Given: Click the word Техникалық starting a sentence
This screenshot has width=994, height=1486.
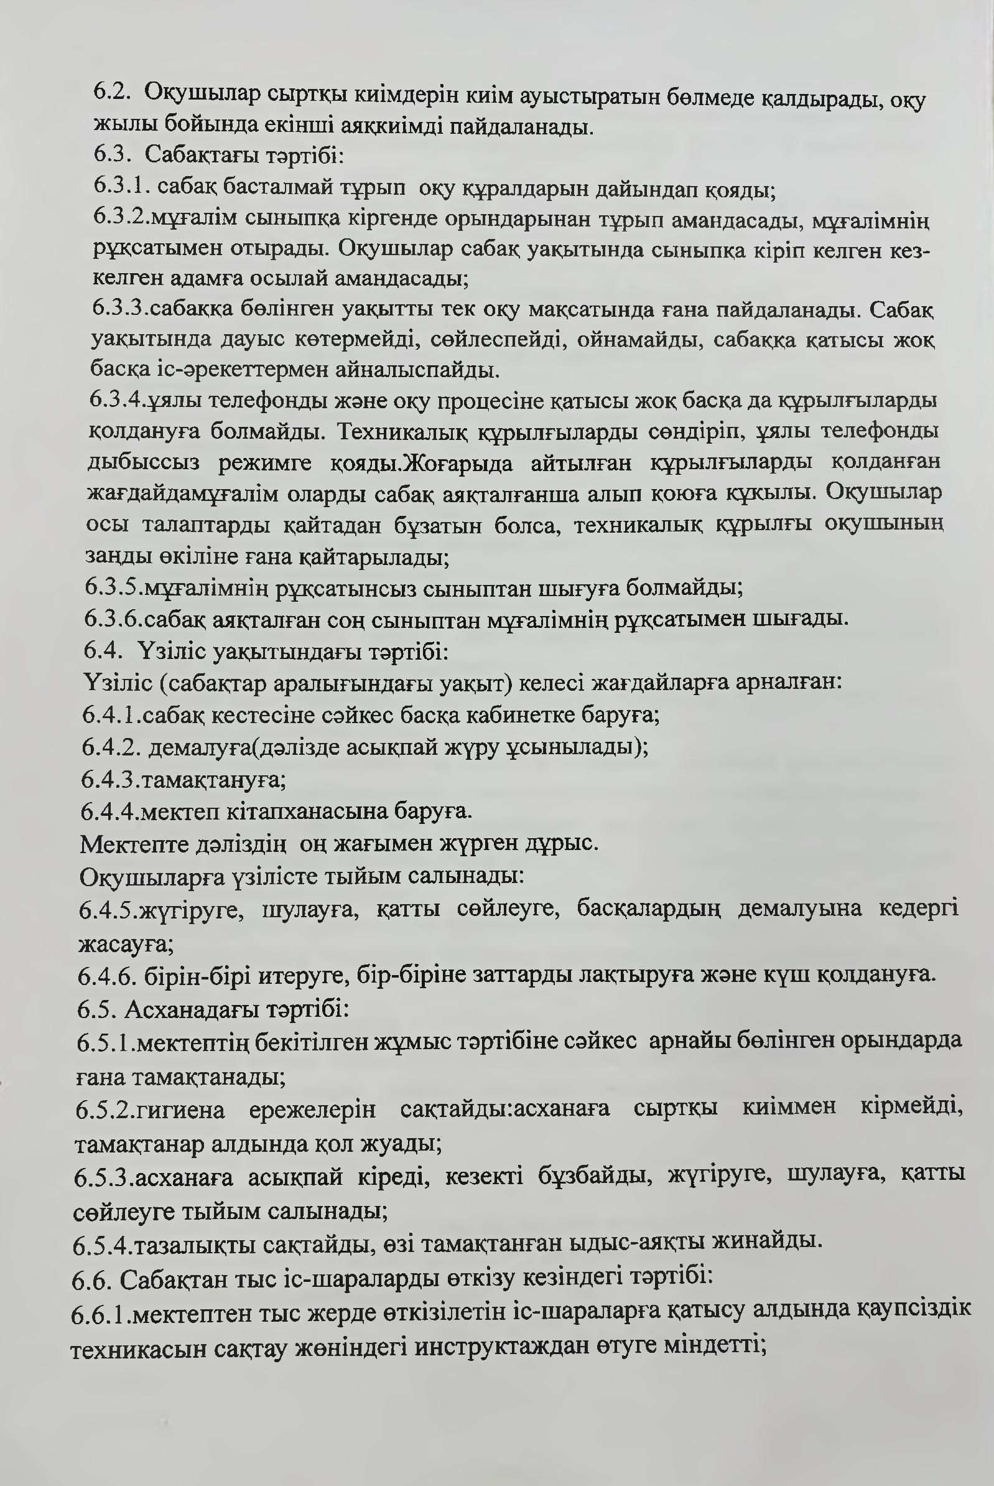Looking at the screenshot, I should [402, 432].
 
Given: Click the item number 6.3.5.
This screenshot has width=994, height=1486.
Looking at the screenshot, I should [113, 587].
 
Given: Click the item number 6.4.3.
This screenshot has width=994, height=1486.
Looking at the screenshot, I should [109, 779].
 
